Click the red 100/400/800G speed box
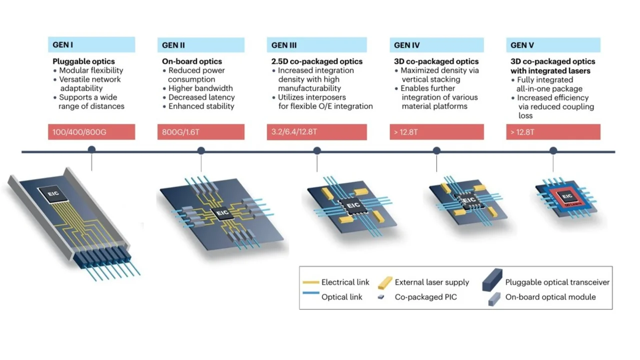coord(91,132)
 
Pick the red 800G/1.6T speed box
coord(200,132)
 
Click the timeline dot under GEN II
coord(201,150)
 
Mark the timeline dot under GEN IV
coord(436,150)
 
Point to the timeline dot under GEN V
coord(553,150)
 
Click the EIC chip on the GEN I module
coord(51,192)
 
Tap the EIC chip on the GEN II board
coord(221,214)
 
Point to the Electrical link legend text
coord(345,282)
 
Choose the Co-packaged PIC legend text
coord(425,297)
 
